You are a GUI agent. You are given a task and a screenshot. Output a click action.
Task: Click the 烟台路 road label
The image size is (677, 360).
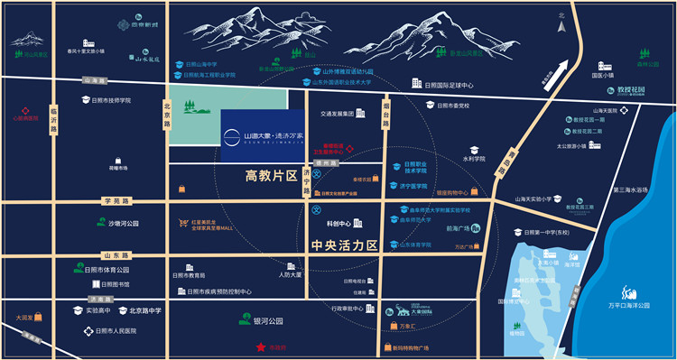click(x=386, y=112)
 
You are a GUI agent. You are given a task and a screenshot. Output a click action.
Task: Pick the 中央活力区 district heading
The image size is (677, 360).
click(x=345, y=245)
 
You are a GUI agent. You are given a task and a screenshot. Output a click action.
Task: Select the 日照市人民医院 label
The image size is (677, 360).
click(x=125, y=331)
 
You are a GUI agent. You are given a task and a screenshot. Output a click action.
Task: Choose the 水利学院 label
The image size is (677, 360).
click(x=475, y=159)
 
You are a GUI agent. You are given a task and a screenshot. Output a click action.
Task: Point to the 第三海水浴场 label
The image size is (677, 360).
click(x=630, y=190)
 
